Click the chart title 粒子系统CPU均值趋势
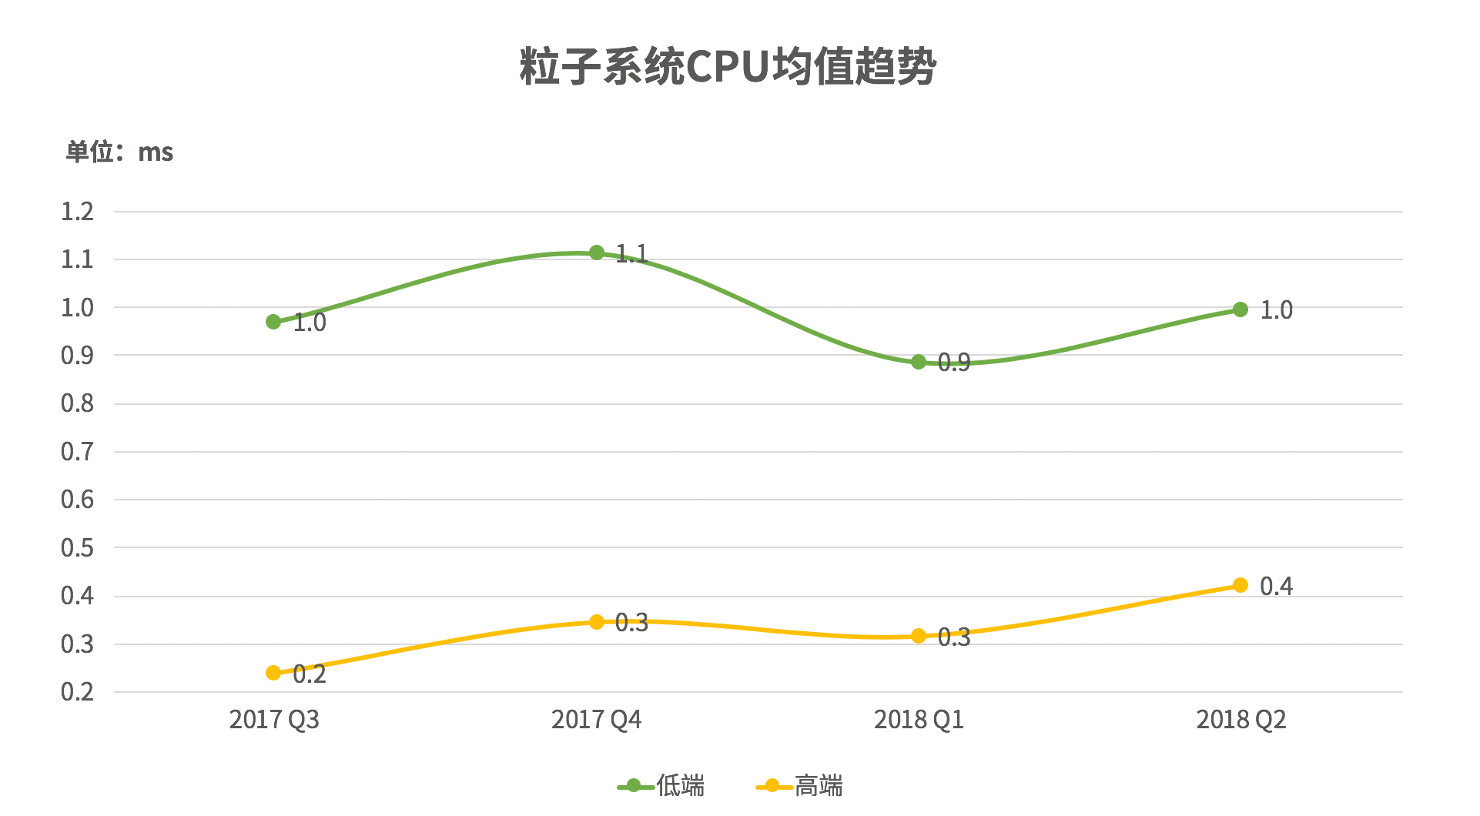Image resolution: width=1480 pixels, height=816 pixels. [x=728, y=67]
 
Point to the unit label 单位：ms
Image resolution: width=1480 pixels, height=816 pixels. [x=119, y=152]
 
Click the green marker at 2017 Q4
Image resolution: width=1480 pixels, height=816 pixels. [x=597, y=252]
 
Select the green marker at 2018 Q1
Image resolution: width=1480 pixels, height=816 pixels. [x=919, y=362]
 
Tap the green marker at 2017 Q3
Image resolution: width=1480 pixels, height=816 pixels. [x=273, y=322]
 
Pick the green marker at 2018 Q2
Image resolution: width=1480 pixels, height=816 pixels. [x=1241, y=309]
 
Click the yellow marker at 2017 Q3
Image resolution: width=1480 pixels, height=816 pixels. [x=273, y=673]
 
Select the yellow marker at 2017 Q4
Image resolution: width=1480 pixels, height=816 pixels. [x=597, y=622]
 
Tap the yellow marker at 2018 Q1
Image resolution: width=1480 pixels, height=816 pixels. [x=919, y=636]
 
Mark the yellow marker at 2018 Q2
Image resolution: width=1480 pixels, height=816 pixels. [x=1241, y=585]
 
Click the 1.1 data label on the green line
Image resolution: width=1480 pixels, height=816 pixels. [x=632, y=254]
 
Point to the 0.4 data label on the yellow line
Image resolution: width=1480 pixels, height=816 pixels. [x=1276, y=587]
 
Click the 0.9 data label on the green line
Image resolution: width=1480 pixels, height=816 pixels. [x=954, y=363]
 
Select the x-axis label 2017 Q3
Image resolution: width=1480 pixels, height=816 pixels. [x=273, y=720]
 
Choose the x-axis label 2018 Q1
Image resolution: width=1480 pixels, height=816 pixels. [x=919, y=720]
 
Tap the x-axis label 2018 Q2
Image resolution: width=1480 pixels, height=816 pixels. [x=1241, y=720]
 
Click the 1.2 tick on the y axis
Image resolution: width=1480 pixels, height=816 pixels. [x=77, y=212]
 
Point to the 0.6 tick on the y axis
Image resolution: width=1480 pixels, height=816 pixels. [x=77, y=500]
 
